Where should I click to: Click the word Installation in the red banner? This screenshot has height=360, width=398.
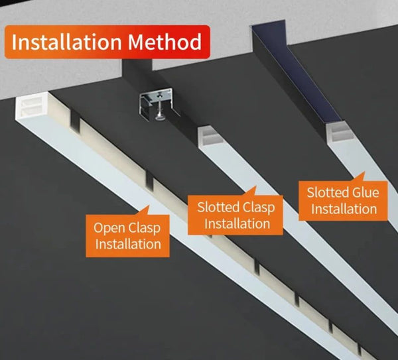(x=66, y=42)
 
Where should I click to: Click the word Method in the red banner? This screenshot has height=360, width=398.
(x=165, y=42)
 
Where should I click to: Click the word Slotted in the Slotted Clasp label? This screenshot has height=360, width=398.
(x=218, y=207)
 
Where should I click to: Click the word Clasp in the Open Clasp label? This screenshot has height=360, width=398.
(x=144, y=228)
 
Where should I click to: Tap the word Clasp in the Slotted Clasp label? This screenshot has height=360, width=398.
(x=259, y=208)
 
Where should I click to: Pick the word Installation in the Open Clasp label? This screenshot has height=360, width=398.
(x=128, y=245)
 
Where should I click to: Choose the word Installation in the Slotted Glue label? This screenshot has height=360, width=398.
(x=344, y=209)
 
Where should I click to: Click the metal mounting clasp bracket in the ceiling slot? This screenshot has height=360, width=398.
(x=155, y=102)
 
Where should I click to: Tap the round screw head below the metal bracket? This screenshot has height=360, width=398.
(x=159, y=117)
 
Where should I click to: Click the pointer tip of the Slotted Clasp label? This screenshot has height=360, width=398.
(x=255, y=186)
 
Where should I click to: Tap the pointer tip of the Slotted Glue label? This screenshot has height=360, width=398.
(x=364, y=172)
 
